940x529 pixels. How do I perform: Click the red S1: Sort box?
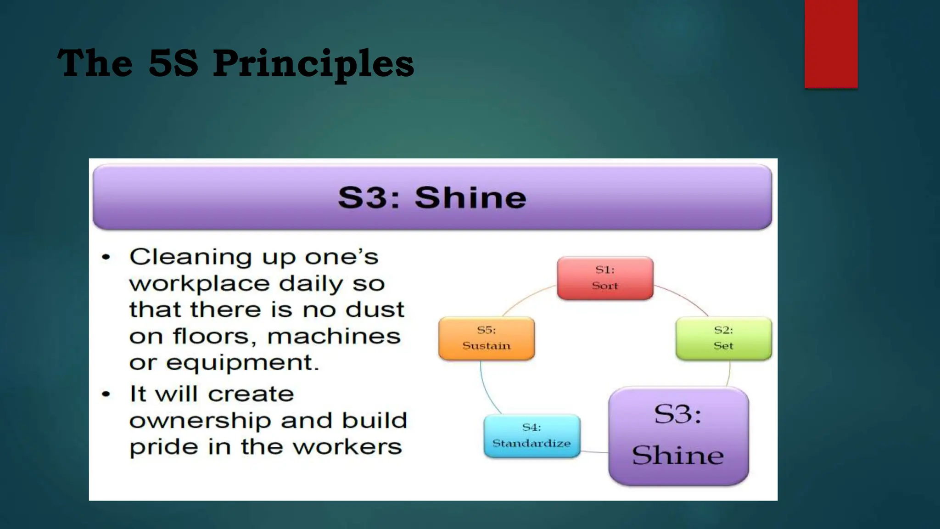[x=605, y=278]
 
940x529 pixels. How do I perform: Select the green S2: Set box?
[x=723, y=338]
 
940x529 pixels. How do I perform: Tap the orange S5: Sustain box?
[x=487, y=338]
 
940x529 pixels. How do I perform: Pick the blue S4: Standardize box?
[x=532, y=436]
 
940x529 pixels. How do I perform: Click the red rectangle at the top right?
[x=831, y=44]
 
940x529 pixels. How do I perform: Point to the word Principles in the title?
[x=313, y=63]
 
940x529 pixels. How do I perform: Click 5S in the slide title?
[x=173, y=63]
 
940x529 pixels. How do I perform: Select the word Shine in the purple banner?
[x=470, y=198]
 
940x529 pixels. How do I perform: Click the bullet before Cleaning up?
[x=106, y=257]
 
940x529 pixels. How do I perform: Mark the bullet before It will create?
[x=106, y=394]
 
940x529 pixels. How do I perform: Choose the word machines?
[x=334, y=336]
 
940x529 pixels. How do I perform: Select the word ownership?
[x=200, y=421]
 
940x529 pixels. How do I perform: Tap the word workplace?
[x=199, y=284]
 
